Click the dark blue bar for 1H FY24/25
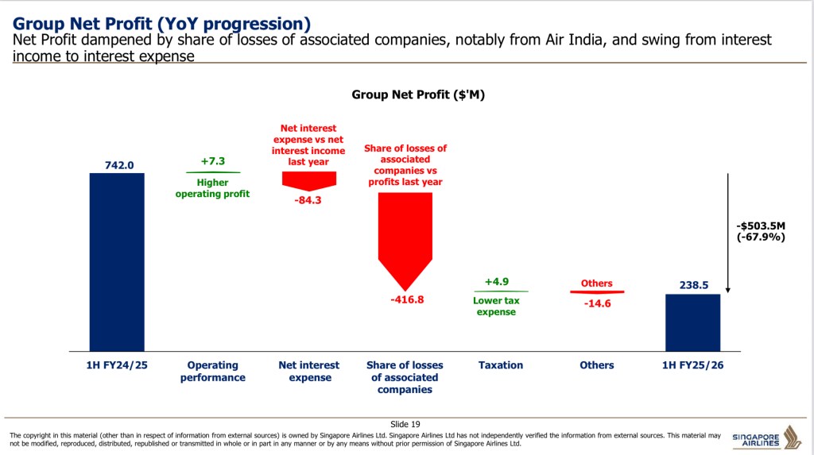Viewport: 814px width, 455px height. (116, 261)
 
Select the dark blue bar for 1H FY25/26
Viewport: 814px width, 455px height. (692, 322)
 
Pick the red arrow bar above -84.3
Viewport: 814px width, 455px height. (309, 180)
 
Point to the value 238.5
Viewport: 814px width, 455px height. (693, 284)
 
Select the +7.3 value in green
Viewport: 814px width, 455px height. (212, 161)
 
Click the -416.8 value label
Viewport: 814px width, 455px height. (407, 300)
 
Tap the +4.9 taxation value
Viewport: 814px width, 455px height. (497, 282)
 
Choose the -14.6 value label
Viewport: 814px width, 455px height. (596, 303)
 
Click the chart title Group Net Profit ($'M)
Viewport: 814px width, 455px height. (418, 94)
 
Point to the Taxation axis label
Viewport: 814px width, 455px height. (501, 365)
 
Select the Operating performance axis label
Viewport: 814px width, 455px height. (212, 372)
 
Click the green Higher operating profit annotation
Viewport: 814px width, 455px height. (212, 188)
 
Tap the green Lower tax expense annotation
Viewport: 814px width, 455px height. (496, 307)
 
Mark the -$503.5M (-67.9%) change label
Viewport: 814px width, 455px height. (761, 231)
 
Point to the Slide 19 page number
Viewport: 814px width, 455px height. (406, 424)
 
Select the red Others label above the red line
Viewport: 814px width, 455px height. (596, 283)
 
